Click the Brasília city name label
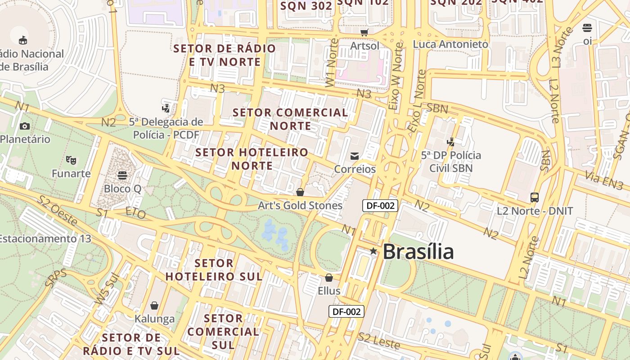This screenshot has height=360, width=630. tap(418, 252)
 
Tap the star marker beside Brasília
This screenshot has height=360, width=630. tap(373, 251)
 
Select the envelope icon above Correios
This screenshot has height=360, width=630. tap(355, 156)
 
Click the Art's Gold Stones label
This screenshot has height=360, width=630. tap(300, 206)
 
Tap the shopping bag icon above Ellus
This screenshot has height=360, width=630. tap(329, 278)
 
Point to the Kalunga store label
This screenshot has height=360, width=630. tap(154, 319)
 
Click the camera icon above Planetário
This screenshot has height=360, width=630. tap(24, 126)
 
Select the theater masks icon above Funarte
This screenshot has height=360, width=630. tap(71, 160)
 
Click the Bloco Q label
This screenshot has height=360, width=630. tap(122, 189)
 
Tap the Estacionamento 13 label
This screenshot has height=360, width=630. tap(45, 238)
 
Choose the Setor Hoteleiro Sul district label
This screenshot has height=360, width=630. tap(214, 270)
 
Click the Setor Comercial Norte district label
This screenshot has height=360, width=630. tap(291, 119)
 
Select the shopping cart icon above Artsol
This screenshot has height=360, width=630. tap(364, 32)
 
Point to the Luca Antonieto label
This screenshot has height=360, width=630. tap(450, 44)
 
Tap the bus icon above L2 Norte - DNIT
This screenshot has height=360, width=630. tap(535, 198)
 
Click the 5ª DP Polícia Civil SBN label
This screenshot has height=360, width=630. tap(451, 162)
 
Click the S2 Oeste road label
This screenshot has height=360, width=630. tap(58, 211)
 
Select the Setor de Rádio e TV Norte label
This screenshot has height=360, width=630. tap(225, 55)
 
